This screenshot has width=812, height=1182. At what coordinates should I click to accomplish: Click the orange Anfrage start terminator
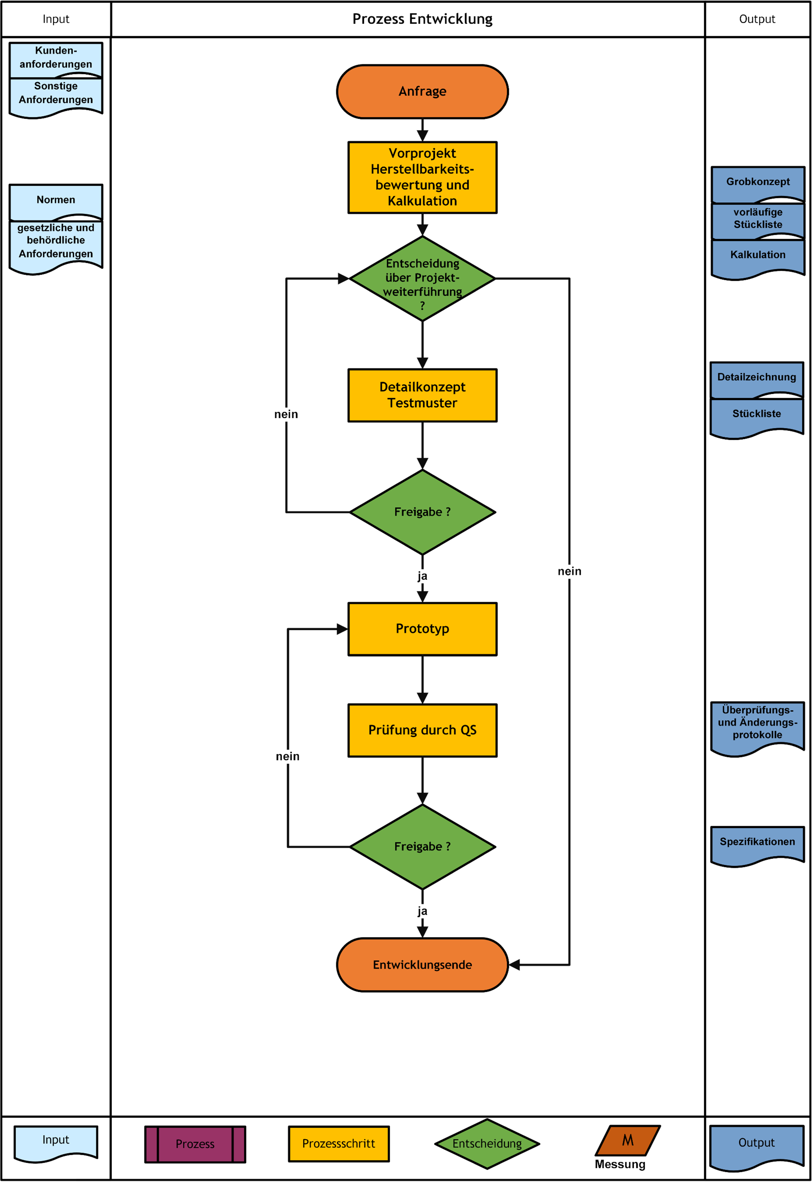tap(422, 92)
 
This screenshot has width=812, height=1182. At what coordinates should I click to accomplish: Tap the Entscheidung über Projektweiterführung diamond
tap(422, 279)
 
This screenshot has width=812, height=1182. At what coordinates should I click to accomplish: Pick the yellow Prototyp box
tap(422, 629)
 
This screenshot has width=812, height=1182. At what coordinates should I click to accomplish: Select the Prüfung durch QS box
tap(422, 730)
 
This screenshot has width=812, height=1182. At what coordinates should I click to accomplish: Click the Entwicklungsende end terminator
tap(422, 965)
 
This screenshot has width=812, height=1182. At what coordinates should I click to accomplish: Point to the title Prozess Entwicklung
tap(422, 19)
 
